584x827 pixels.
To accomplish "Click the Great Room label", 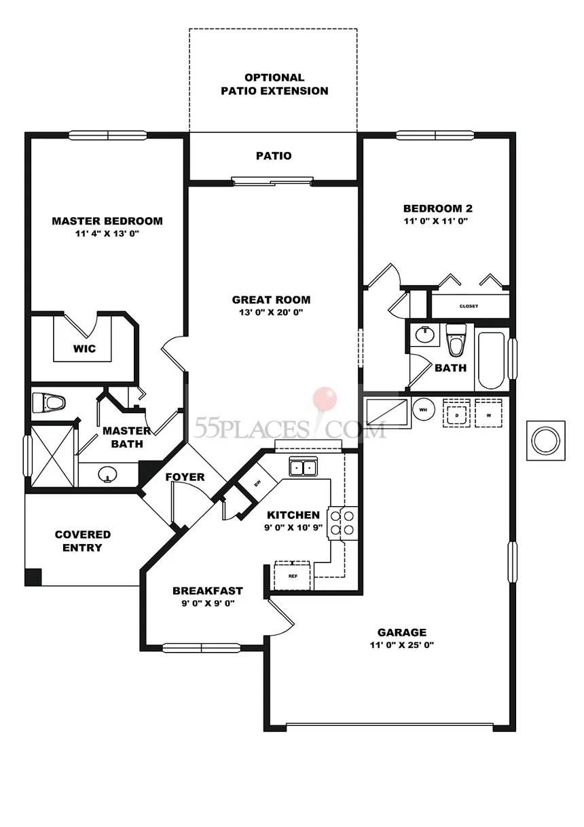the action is pos(271,299).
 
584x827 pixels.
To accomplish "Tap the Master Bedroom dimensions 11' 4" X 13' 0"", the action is pos(107,233).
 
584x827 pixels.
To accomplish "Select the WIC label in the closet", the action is pos(84,349).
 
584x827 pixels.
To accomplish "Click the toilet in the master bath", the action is pos(49,402).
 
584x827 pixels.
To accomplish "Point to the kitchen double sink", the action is pos(304,467).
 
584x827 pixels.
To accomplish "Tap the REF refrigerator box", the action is pos(293,575).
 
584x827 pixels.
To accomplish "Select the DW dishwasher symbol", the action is pos(257,483).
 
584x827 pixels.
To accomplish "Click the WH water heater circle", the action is pos(423,410).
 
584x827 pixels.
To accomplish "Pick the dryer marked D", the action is pos(456,413).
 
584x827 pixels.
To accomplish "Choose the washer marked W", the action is pos(488,413).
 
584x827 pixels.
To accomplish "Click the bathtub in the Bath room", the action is pos(491,360).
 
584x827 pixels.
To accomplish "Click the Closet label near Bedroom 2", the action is pos(469,306).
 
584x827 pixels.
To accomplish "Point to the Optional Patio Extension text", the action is pos(274,84).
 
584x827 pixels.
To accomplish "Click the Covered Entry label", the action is pos(82,541).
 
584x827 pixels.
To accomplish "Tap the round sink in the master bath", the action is pos(107,474).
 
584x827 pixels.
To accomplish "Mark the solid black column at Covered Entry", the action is pos(33,577).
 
